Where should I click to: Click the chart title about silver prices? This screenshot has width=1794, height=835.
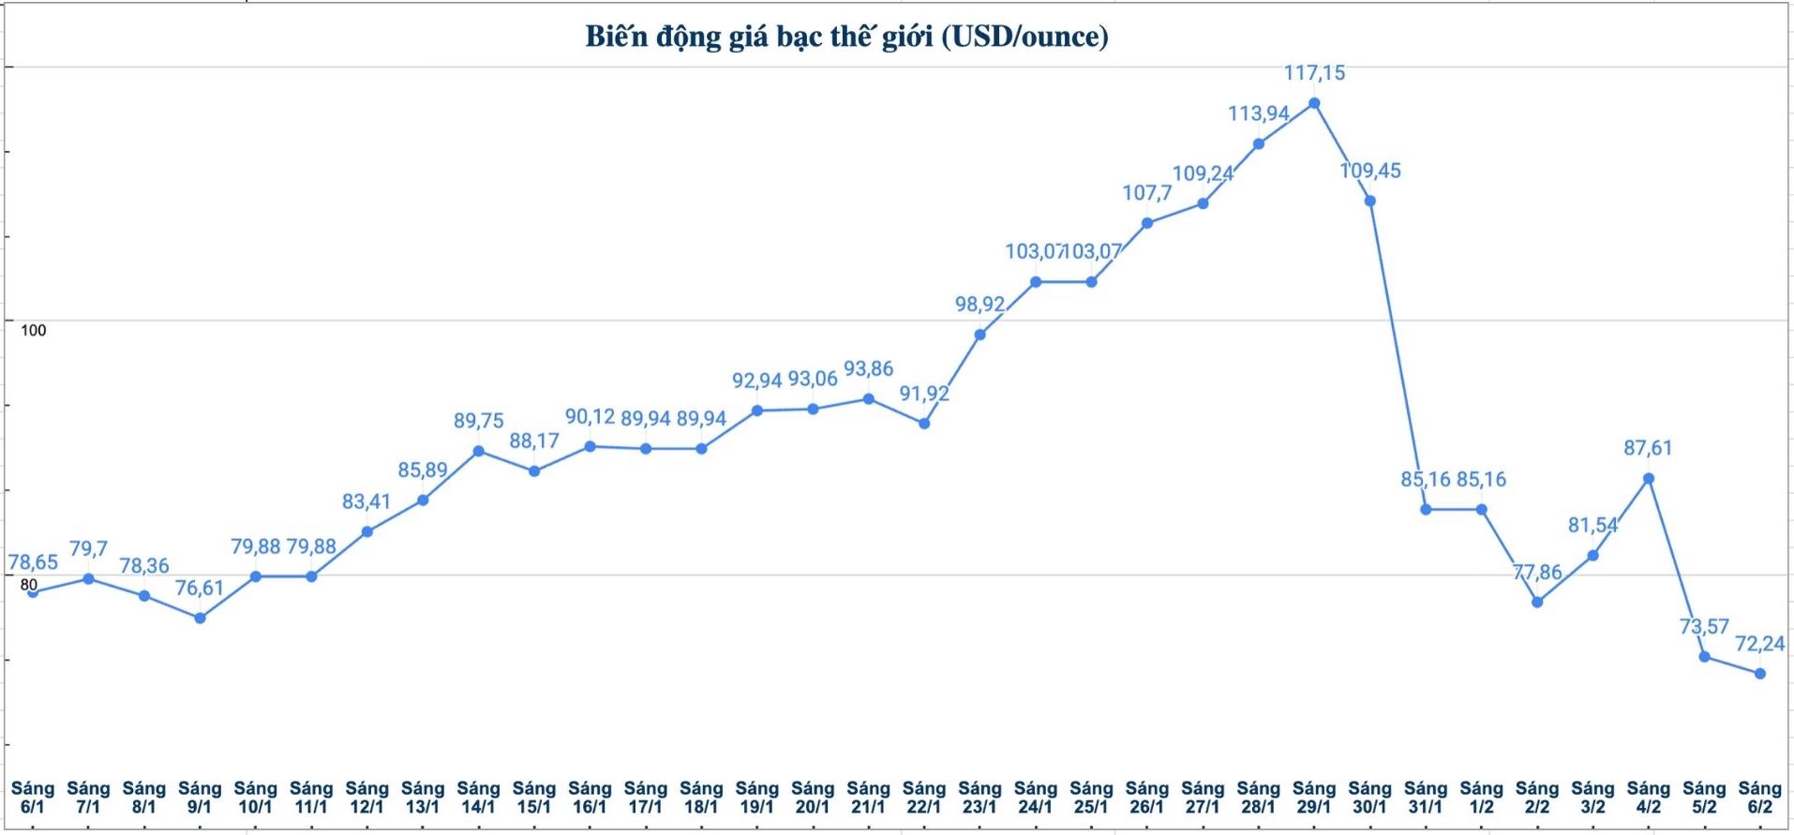[x=846, y=37]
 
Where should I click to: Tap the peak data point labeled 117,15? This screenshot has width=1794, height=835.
[x=1314, y=103]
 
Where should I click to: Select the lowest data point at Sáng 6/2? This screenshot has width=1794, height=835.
[x=1759, y=674]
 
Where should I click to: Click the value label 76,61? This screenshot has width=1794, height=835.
[x=200, y=588]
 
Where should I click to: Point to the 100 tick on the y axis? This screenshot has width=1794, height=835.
[x=33, y=330]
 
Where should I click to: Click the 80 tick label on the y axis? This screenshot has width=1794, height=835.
[x=29, y=585]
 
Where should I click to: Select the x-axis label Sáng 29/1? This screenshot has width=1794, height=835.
[x=1314, y=798]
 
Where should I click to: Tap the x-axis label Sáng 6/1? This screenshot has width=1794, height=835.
[x=33, y=798]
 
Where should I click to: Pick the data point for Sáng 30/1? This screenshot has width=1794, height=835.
[x=1369, y=201]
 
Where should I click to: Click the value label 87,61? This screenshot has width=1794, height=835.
[x=1648, y=448]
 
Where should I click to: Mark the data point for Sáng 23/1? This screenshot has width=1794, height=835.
[x=979, y=335]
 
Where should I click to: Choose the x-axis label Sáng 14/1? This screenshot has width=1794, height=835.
[x=478, y=798]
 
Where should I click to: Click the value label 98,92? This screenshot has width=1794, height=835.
[x=979, y=304]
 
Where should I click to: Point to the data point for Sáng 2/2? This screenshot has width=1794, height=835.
[x=1537, y=602]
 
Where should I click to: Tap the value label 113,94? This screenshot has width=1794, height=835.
[x=1259, y=113]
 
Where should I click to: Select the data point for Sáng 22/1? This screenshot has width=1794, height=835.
[x=924, y=424]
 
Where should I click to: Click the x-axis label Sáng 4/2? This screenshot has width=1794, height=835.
[x=1648, y=798]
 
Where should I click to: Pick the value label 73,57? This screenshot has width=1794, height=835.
[x=1704, y=626]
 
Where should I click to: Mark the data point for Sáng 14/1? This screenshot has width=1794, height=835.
[x=478, y=452]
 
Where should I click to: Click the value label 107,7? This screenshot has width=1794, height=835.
[x=1147, y=193]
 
